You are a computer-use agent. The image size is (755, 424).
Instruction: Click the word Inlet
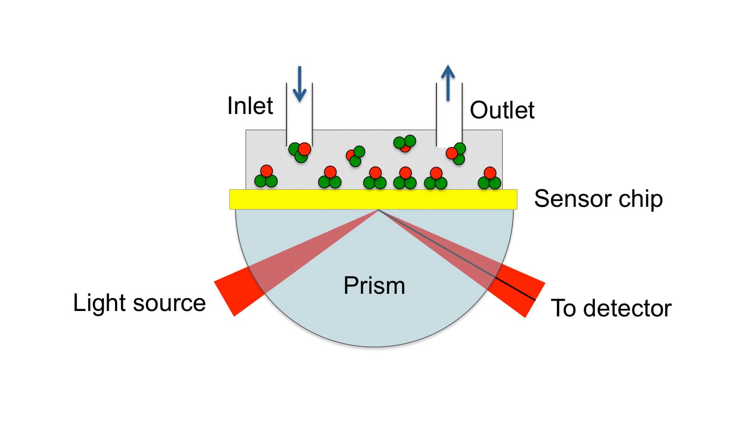(250, 106)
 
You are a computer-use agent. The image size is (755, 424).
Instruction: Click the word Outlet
(502, 110)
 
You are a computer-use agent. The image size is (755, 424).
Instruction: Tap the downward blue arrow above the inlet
(299, 85)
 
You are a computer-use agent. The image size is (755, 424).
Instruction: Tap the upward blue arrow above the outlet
(448, 83)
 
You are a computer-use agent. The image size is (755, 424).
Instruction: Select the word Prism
(374, 285)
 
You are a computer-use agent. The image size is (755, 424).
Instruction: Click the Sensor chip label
(598, 199)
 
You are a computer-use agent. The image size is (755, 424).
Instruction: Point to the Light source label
(139, 303)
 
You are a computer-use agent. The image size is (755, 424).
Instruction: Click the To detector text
(610, 308)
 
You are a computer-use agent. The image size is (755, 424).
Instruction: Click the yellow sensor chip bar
(373, 199)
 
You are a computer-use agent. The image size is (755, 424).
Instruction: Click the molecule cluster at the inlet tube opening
(300, 152)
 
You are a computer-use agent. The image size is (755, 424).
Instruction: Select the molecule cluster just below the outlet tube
(456, 153)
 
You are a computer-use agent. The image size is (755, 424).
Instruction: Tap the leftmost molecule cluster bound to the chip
(266, 177)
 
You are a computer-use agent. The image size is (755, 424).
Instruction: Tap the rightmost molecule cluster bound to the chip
(490, 179)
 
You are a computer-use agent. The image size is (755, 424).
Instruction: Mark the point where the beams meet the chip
(378, 210)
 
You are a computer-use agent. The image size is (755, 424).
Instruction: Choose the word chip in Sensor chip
(640, 199)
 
